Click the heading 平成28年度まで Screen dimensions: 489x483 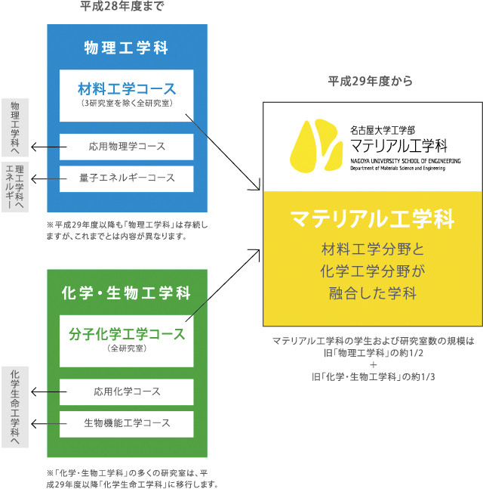[122, 7]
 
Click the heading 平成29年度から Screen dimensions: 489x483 [371, 82]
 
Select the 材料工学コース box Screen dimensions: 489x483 [126, 95]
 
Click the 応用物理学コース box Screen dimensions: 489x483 [126, 147]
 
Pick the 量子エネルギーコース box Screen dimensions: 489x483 [126, 178]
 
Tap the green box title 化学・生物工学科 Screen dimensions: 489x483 [126, 292]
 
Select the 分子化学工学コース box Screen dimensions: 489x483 [126, 339]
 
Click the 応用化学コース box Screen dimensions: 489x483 [126, 392]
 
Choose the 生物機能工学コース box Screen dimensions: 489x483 [126, 423]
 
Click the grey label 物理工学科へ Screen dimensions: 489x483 [15, 126]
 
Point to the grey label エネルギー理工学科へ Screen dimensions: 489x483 [14, 186]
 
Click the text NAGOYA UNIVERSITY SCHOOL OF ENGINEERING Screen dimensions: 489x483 [405, 161]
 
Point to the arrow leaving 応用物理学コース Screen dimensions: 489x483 [44, 147]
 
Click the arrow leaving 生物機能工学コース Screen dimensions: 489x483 [44, 423]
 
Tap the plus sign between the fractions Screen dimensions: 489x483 [373, 364]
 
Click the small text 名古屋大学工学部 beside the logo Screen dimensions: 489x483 [383, 130]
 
